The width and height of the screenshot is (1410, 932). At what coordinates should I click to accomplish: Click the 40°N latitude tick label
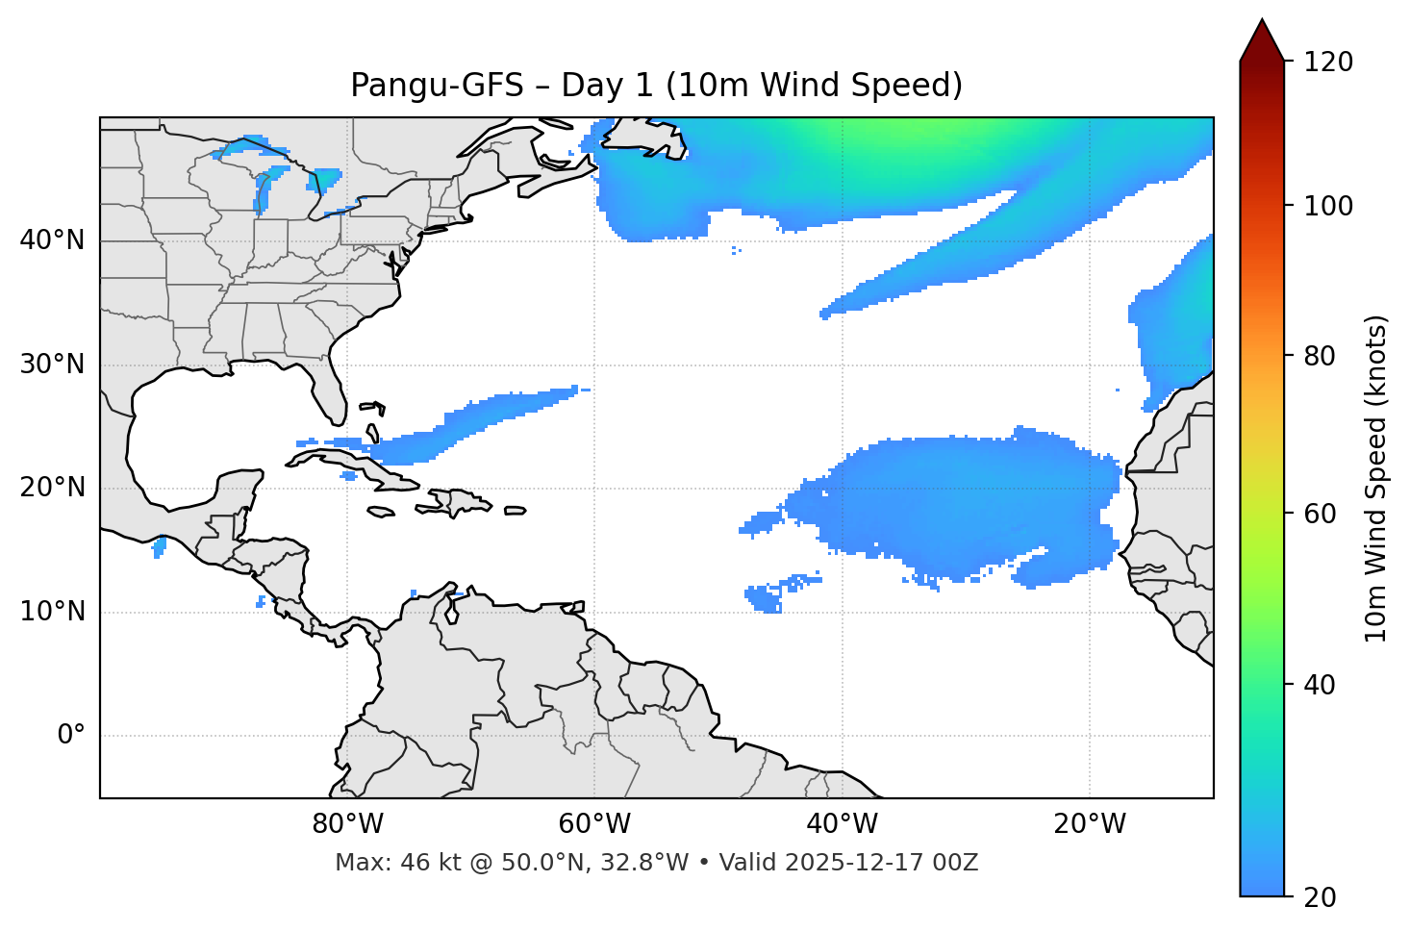(x=52, y=240)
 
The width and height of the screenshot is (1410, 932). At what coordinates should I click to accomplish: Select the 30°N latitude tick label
(x=52, y=365)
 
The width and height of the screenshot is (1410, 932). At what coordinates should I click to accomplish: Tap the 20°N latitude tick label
(x=52, y=488)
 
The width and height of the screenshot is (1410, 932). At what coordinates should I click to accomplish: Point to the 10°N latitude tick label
(x=52, y=612)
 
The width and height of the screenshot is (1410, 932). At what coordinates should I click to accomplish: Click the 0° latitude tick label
(x=71, y=736)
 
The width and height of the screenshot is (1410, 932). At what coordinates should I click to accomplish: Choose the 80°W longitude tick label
(x=347, y=824)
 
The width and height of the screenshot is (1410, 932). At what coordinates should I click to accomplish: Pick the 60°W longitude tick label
(x=594, y=824)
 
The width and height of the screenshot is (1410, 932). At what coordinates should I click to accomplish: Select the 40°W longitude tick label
(x=842, y=824)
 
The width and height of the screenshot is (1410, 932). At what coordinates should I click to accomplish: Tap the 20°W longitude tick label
(x=1089, y=824)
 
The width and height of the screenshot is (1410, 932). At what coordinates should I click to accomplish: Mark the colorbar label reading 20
(x=1320, y=897)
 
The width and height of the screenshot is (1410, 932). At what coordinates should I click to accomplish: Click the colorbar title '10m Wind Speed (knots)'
(x=1377, y=478)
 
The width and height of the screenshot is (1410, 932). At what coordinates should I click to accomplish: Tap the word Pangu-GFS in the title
(x=436, y=86)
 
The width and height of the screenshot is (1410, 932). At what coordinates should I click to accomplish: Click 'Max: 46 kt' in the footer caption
(x=380, y=863)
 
